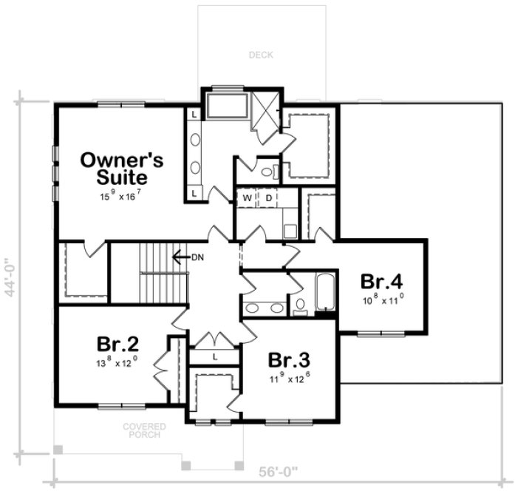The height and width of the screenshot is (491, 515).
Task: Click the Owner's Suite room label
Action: point(123,169)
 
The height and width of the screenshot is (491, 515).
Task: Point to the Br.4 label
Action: point(381,282)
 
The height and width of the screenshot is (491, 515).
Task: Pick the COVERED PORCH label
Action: point(144,431)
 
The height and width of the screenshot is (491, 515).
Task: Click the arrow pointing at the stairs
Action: point(177,257)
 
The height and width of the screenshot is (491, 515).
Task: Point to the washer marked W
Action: point(248,198)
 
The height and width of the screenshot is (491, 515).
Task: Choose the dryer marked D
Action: point(269,198)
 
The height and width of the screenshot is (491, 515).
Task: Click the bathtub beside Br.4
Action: point(325,294)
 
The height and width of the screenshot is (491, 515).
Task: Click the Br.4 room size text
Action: point(382,300)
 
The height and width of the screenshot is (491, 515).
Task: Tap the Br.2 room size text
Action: point(117,364)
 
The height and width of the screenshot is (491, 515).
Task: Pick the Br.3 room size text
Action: point(288,379)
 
